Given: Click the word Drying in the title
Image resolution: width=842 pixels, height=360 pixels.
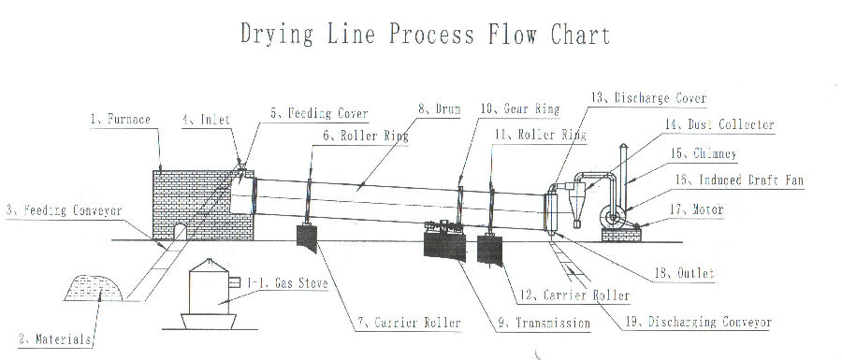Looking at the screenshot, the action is coord(277,35).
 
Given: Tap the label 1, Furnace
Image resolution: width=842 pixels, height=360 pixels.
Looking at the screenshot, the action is coord(121,119).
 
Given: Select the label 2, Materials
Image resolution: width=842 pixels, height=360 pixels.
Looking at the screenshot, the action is coord(55,339).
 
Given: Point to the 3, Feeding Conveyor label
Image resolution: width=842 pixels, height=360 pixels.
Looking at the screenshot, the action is coord(65,210).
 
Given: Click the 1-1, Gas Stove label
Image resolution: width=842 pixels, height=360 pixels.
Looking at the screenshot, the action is coord(287,282).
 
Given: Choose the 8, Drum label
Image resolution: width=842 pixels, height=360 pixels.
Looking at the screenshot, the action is coord(440,109).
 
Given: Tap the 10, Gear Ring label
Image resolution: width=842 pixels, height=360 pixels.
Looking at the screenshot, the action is coord(520,109).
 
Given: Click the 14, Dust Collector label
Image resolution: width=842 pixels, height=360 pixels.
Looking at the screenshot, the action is coord(719,125).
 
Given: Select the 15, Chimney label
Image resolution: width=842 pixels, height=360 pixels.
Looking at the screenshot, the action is coord(703,153).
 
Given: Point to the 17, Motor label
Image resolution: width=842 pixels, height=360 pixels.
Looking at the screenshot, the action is coord(696,209).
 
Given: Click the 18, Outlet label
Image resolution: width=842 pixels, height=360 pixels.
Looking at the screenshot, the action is coord(684,273).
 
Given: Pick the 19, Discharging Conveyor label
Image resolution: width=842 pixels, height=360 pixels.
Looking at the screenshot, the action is coord(698,322).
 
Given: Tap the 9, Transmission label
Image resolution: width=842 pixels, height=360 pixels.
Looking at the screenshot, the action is coord(544,323).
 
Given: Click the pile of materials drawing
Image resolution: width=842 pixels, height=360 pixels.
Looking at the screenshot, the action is coord(94,288).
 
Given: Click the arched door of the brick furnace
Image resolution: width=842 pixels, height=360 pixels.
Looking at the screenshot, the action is coord(180,232).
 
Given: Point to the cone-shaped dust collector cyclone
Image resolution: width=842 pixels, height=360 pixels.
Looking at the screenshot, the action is coord(576,205).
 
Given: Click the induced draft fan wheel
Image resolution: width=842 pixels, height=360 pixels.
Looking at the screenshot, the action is coord(611,217).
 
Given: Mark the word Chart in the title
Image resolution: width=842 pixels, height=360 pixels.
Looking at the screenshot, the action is coord(580,35).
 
